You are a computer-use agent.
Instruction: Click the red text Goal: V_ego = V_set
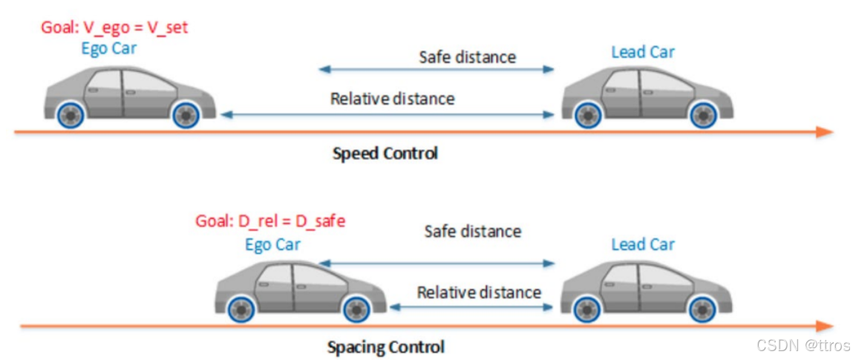tap(114, 28)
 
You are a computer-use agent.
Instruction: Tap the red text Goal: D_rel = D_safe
tap(270, 221)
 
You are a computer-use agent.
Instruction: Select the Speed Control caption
tap(385, 154)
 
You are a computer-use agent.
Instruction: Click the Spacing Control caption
tap(386, 347)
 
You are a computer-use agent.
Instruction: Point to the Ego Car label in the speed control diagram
tap(111, 49)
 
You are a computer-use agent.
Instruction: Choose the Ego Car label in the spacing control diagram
tap(272, 244)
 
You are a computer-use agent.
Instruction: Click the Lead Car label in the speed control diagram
tap(643, 52)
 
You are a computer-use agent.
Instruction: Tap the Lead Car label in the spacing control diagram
tap(643, 244)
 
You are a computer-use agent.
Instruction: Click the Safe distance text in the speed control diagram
tap(467, 56)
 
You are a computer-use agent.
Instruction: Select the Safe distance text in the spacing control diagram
tap(472, 231)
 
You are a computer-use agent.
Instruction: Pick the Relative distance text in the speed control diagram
tap(392, 98)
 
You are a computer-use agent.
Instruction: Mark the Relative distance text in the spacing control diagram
tap(479, 292)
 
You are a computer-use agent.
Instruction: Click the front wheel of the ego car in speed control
tap(185, 116)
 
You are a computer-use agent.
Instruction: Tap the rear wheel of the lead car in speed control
tap(586, 116)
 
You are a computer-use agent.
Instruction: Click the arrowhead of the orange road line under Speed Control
tap(824, 132)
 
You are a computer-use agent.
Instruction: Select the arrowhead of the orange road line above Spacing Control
tap(824, 326)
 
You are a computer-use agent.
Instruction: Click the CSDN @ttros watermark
tap(802, 345)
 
